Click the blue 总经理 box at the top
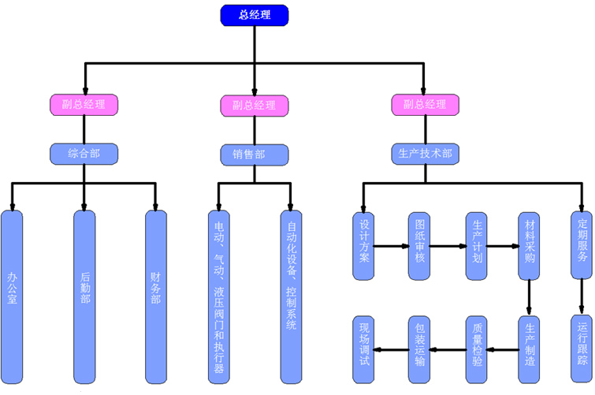tap(254, 15)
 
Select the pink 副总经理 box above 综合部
tap(84, 104)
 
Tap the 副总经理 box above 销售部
tap(254, 105)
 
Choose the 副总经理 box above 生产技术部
tap(425, 104)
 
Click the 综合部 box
tap(84, 153)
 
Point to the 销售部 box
tap(254, 154)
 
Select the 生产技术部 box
tap(425, 153)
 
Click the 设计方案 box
tap(363, 245)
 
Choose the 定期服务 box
tap(582, 245)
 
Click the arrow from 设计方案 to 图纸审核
tap(392, 246)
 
